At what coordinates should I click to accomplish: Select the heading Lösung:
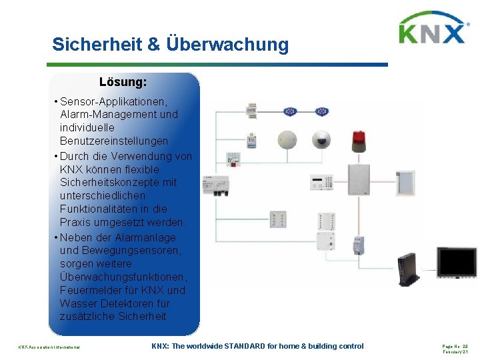pyautogui.click(x=123, y=83)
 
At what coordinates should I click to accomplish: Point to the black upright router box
pyautogui.click(x=407, y=265)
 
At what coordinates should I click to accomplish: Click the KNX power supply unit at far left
pyautogui.click(x=216, y=183)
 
